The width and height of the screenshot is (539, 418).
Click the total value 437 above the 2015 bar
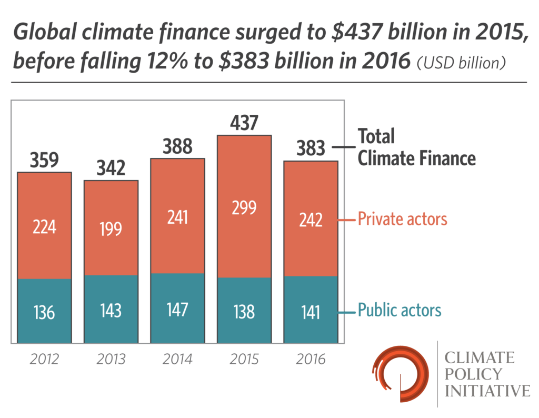(x=244, y=123)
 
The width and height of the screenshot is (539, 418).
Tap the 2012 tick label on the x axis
(x=44, y=360)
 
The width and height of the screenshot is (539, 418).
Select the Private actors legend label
(x=402, y=218)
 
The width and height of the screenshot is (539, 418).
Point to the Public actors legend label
(x=400, y=310)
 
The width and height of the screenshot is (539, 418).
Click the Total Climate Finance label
(x=416, y=147)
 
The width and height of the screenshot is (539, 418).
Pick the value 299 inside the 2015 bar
(x=244, y=207)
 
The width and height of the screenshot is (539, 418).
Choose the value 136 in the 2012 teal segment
(x=44, y=312)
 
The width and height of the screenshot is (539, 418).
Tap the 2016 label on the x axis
(x=311, y=360)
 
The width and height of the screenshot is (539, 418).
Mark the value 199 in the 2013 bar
(x=111, y=228)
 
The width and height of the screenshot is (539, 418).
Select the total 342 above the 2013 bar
(x=111, y=168)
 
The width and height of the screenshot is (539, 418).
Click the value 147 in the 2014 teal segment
(x=177, y=310)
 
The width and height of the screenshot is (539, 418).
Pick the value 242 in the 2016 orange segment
(x=311, y=220)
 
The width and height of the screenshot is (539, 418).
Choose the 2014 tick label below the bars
(x=177, y=360)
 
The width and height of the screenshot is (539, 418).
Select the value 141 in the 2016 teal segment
(x=311, y=312)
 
